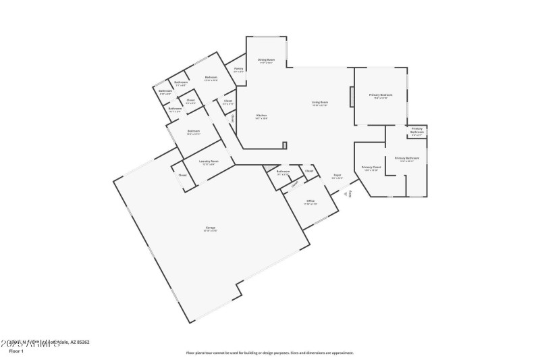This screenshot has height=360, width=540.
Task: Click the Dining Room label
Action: (x=266, y=59)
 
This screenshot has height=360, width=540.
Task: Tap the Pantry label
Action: (x=238, y=68)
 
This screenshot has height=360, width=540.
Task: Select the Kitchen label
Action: (x=261, y=115)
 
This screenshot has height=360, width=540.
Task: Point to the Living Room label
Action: (x=319, y=103)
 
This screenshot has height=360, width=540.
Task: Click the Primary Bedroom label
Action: (x=381, y=95)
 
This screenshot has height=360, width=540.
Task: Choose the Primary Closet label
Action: (x=371, y=167)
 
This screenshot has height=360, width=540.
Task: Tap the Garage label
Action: (x=211, y=228)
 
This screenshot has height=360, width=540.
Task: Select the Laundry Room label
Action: (x=209, y=161)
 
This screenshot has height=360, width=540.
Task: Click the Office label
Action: (x=310, y=201)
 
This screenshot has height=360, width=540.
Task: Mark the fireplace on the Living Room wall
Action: (x=351, y=97)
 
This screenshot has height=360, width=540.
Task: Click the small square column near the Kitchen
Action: (x=285, y=145)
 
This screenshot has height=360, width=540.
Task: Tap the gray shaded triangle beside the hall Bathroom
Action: (x=270, y=168)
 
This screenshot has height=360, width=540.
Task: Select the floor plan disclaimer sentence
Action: (x=269, y=353)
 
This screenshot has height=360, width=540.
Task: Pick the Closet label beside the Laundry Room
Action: (x=182, y=175)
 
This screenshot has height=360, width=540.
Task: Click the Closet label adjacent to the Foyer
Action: (x=309, y=171)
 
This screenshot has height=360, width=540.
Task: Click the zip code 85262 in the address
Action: (x=82, y=342)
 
